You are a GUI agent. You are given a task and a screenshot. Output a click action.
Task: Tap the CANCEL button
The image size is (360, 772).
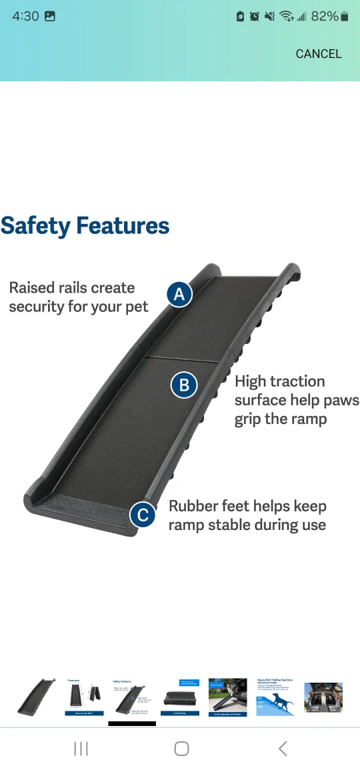click(x=319, y=54)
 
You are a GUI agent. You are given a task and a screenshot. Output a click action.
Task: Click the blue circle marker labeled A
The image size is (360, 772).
click(x=179, y=294)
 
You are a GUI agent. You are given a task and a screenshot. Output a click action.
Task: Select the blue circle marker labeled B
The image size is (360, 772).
click(x=184, y=385)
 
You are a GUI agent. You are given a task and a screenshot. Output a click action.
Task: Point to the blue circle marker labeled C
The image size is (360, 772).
click(x=142, y=515)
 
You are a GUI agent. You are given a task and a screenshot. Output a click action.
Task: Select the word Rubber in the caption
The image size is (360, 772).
click(x=192, y=506)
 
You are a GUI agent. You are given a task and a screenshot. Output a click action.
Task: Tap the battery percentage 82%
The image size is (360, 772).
click(x=324, y=17)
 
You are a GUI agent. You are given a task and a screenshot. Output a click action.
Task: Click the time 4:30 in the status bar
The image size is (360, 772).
click(x=25, y=17)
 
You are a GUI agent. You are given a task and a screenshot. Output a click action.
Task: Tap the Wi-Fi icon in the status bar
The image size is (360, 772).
click(x=287, y=17)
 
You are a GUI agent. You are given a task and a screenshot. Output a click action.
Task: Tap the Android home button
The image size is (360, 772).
click(x=181, y=749)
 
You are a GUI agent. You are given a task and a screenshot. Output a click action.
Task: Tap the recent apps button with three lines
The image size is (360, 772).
click(x=81, y=749)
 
